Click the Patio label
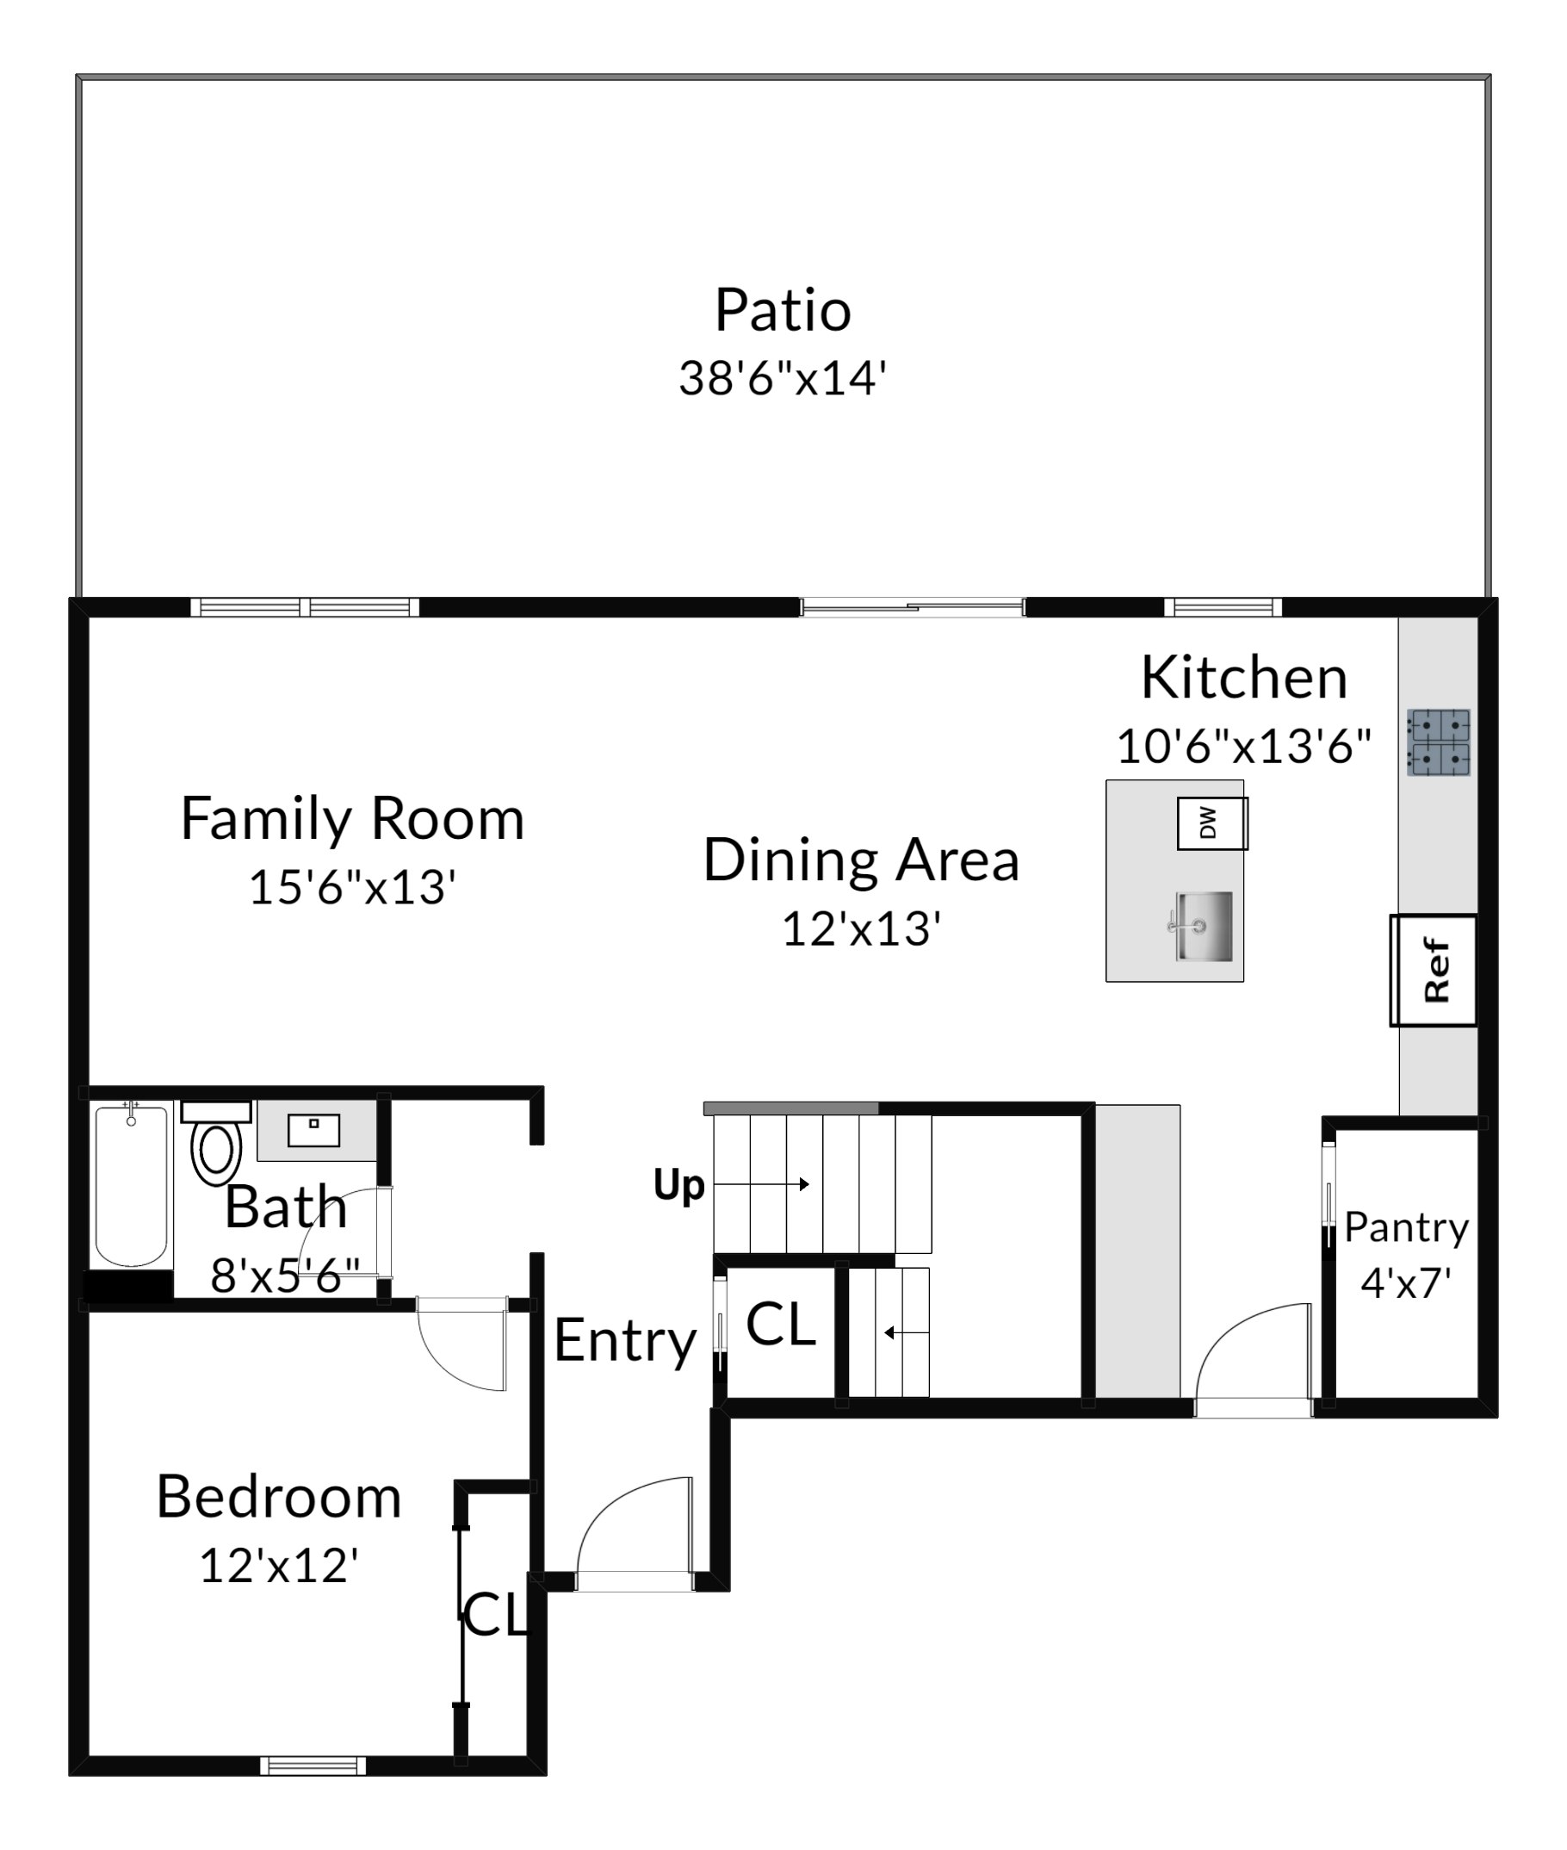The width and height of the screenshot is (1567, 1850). (x=783, y=310)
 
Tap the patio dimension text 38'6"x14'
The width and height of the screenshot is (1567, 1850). (x=783, y=377)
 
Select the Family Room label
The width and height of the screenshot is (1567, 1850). (x=353, y=820)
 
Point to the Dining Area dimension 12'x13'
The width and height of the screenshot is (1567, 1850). (x=861, y=928)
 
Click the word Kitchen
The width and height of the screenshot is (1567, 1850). (x=1243, y=678)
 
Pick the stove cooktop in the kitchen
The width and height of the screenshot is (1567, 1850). (x=1438, y=742)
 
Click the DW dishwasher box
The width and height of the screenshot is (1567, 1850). (x=1212, y=823)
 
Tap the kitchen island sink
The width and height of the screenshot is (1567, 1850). (x=1201, y=926)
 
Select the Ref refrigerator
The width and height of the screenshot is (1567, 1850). (x=1434, y=970)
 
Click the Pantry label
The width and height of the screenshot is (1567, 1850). (x=1406, y=1228)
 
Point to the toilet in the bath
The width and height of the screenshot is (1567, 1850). (x=216, y=1145)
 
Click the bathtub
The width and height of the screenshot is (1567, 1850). (x=132, y=1185)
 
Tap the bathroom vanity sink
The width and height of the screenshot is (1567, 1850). (x=313, y=1130)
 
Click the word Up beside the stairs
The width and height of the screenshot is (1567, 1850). (x=678, y=1185)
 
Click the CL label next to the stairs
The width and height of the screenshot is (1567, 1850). (x=781, y=1325)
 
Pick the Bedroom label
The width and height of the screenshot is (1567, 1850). (x=279, y=1497)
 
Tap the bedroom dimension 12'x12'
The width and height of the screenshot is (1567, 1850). (x=279, y=1566)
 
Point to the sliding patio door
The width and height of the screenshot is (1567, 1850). (x=913, y=608)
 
